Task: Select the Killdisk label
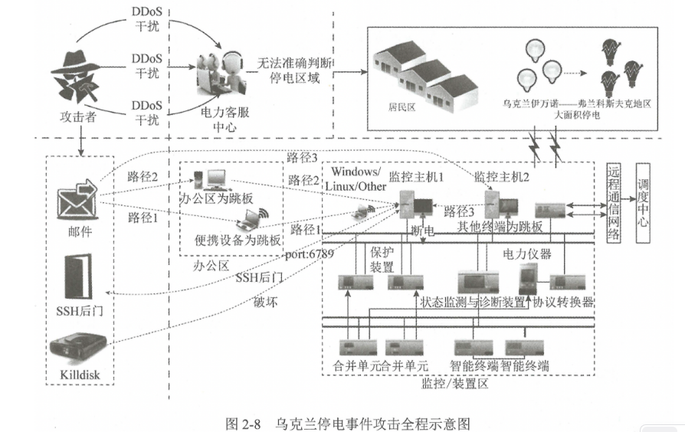(x=80, y=376)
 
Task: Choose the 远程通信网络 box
(x=612, y=203)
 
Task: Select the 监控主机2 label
(x=500, y=177)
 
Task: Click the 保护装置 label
(x=382, y=258)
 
